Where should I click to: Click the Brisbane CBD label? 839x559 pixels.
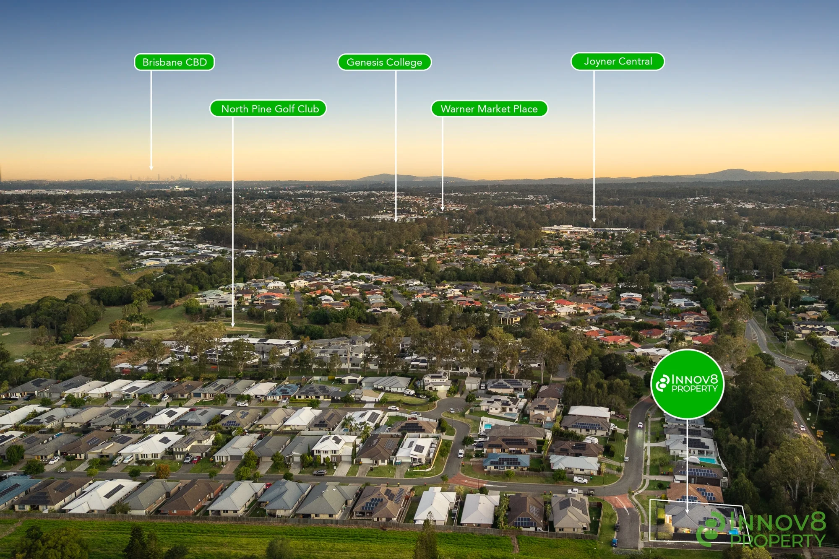tap(174, 62)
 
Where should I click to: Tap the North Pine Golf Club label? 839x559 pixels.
tap(268, 109)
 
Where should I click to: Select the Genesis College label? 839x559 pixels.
tap(384, 62)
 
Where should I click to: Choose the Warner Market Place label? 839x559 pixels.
tap(489, 109)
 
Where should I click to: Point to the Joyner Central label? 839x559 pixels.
tap(618, 61)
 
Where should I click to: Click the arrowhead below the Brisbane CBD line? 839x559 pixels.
tap(151, 168)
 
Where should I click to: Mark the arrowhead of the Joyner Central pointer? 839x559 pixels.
tap(594, 220)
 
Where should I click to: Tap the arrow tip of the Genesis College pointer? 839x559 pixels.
tap(396, 220)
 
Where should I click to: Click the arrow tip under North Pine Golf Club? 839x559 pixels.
tap(233, 325)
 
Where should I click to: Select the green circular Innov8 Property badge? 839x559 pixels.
tap(687, 384)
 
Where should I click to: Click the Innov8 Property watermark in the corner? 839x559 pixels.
tap(761, 529)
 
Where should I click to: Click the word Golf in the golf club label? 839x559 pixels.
tap(285, 109)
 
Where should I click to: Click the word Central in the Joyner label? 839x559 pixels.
tap(635, 61)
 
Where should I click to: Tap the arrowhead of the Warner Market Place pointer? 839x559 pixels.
tap(442, 208)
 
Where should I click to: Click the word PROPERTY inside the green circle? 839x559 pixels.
tap(695, 389)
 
